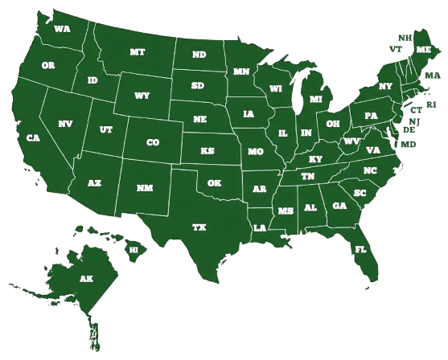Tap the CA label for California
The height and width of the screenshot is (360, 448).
click(33, 137)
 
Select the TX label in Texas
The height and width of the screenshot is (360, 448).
click(199, 227)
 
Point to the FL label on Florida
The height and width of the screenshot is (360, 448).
click(361, 249)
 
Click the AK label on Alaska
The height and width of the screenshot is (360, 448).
click(86, 278)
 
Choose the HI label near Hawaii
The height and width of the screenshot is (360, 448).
click(134, 250)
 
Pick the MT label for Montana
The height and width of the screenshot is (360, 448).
click(138, 51)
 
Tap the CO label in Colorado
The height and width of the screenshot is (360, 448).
click(153, 142)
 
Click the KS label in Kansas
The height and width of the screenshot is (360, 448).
click(208, 150)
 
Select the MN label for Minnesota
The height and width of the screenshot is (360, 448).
click(241, 72)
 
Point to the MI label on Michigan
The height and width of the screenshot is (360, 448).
click(315, 99)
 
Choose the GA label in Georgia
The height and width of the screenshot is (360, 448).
click(339, 206)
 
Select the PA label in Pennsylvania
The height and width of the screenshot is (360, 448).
click(371, 115)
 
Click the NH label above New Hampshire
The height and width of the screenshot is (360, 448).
click(405, 37)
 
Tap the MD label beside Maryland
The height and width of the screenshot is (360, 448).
click(409, 144)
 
